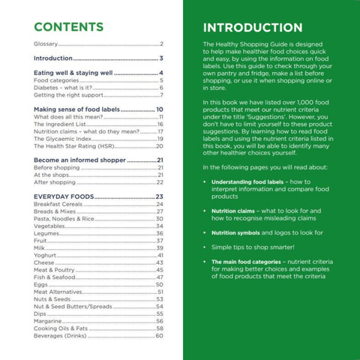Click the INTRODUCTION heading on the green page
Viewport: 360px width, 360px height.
252,28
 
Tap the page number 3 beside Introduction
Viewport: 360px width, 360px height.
161,58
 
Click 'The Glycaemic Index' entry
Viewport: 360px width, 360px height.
63,139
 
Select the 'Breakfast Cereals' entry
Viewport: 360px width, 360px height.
58,204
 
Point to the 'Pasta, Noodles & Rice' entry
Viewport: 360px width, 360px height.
64,219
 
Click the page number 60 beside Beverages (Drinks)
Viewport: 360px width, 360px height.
159,335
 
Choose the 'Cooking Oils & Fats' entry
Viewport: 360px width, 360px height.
61,328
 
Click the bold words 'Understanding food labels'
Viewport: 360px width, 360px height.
246,182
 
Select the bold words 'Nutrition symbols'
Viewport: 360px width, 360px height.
235,233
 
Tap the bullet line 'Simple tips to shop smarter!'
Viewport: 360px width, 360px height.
252,247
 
